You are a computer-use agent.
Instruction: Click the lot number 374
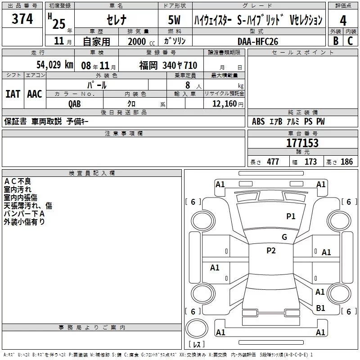coord(22,18)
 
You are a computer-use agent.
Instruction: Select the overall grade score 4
coord(343,21)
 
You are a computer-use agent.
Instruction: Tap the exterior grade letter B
coord(336,41)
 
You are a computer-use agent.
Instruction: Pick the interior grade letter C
coord(350,41)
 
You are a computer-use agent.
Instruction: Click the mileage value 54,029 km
coord(55,65)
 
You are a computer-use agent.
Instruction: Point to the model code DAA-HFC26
coord(258,41)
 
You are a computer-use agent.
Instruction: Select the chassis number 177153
coord(302,143)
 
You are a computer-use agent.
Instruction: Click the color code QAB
coord(75,104)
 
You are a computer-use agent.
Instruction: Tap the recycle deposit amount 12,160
coord(225,104)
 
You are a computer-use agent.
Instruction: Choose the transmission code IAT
coord(13,94)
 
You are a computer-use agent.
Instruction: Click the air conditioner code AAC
coord(35,94)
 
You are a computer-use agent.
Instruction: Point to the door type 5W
coord(174,20)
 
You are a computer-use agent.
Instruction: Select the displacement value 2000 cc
coord(141,42)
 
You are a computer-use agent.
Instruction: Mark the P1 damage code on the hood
coord(291,216)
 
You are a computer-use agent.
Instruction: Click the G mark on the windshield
coord(284,237)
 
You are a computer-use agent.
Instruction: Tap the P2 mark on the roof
coord(271,251)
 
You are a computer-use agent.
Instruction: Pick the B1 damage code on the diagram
coord(320,308)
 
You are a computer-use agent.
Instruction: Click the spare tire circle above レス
coord(197,328)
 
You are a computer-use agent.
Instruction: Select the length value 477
coord(273,162)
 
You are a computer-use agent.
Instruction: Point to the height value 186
coord(346,162)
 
